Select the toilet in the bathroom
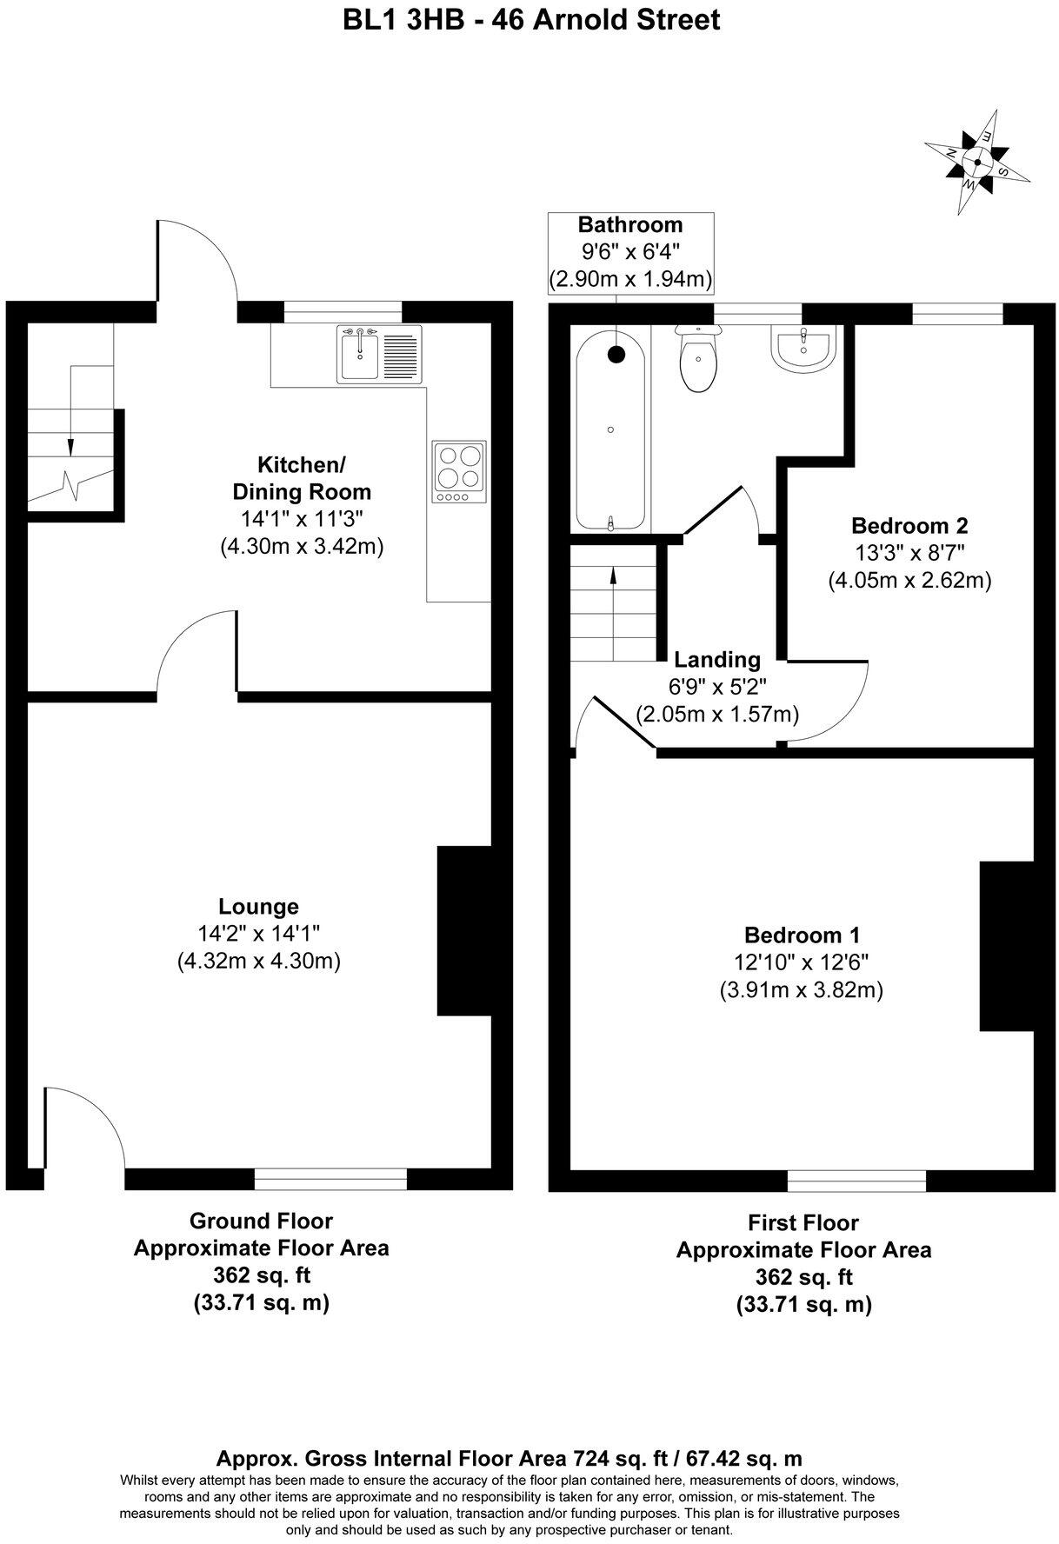pyautogui.click(x=700, y=359)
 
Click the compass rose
pyautogui.click(x=977, y=162)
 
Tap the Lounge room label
pyautogui.click(x=258, y=907)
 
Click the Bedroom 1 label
pyautogui.click(x=802, y=935)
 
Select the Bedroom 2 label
pyautogui.click(x=909, y=525)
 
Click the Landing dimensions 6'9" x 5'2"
pyautogui.click(x=717, y=687)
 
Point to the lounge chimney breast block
pyautogui.click(x=461, y=931)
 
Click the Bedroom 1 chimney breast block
pyautogui.click(x=1005, y=946)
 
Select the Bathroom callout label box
pyautogui.click(x=630, y=252)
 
